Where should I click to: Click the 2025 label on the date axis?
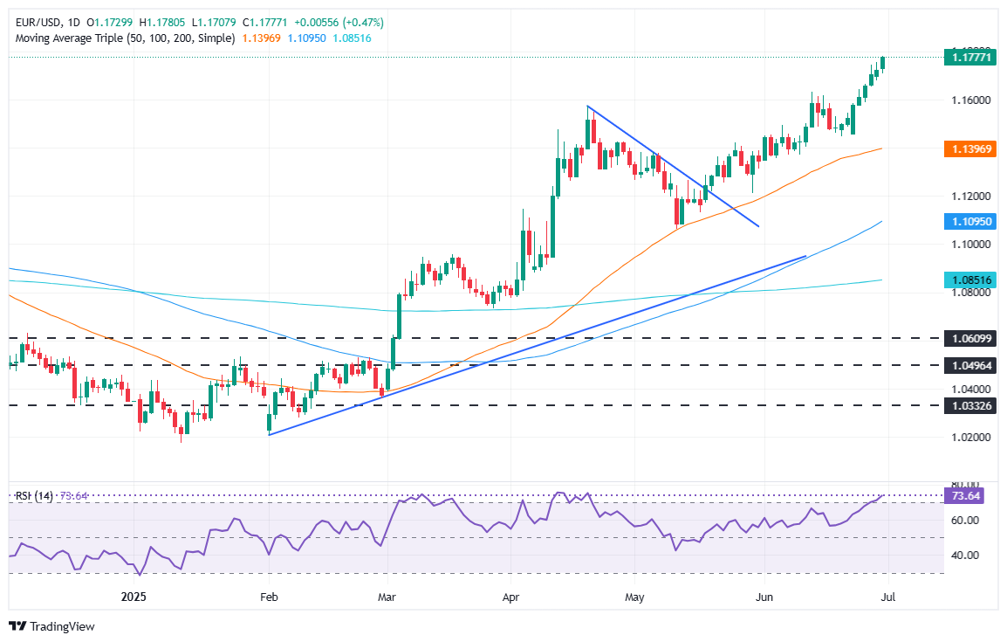[x=134, y=597]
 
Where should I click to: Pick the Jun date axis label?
[x=764, y=597]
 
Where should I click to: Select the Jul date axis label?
[x=887, y=597]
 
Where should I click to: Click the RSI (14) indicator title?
[x=35, y=496]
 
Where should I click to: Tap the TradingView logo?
[x=51, y=626]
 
